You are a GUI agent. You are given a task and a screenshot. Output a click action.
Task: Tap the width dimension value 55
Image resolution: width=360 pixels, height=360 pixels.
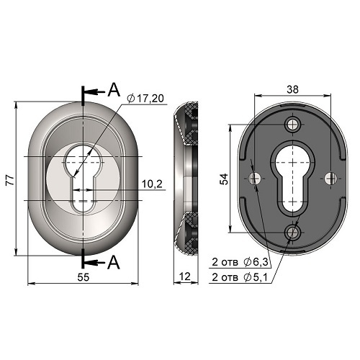(x=84, y=277)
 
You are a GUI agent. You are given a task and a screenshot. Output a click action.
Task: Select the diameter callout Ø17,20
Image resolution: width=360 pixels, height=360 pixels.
(x=145, y=99)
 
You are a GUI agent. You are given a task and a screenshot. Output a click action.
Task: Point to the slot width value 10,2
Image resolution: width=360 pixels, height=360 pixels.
(x=152, y=184)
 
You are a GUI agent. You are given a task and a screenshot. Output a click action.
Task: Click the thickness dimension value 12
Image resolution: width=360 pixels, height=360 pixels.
(x=185, y=276)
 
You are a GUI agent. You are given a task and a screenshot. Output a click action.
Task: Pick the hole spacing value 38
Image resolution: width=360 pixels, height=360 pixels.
(x=292, y=89)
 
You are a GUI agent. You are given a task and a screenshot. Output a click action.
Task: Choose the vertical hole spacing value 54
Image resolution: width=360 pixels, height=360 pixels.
(x=225, y=179)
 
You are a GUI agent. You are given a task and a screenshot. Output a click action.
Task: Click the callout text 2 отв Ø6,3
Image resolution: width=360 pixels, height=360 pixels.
(x=240, y=262)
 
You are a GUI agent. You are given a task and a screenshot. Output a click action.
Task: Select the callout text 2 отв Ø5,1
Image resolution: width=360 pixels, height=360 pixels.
(x=239, y=277)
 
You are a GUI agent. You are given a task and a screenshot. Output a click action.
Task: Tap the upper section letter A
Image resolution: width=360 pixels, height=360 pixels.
(x=114, y=90)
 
